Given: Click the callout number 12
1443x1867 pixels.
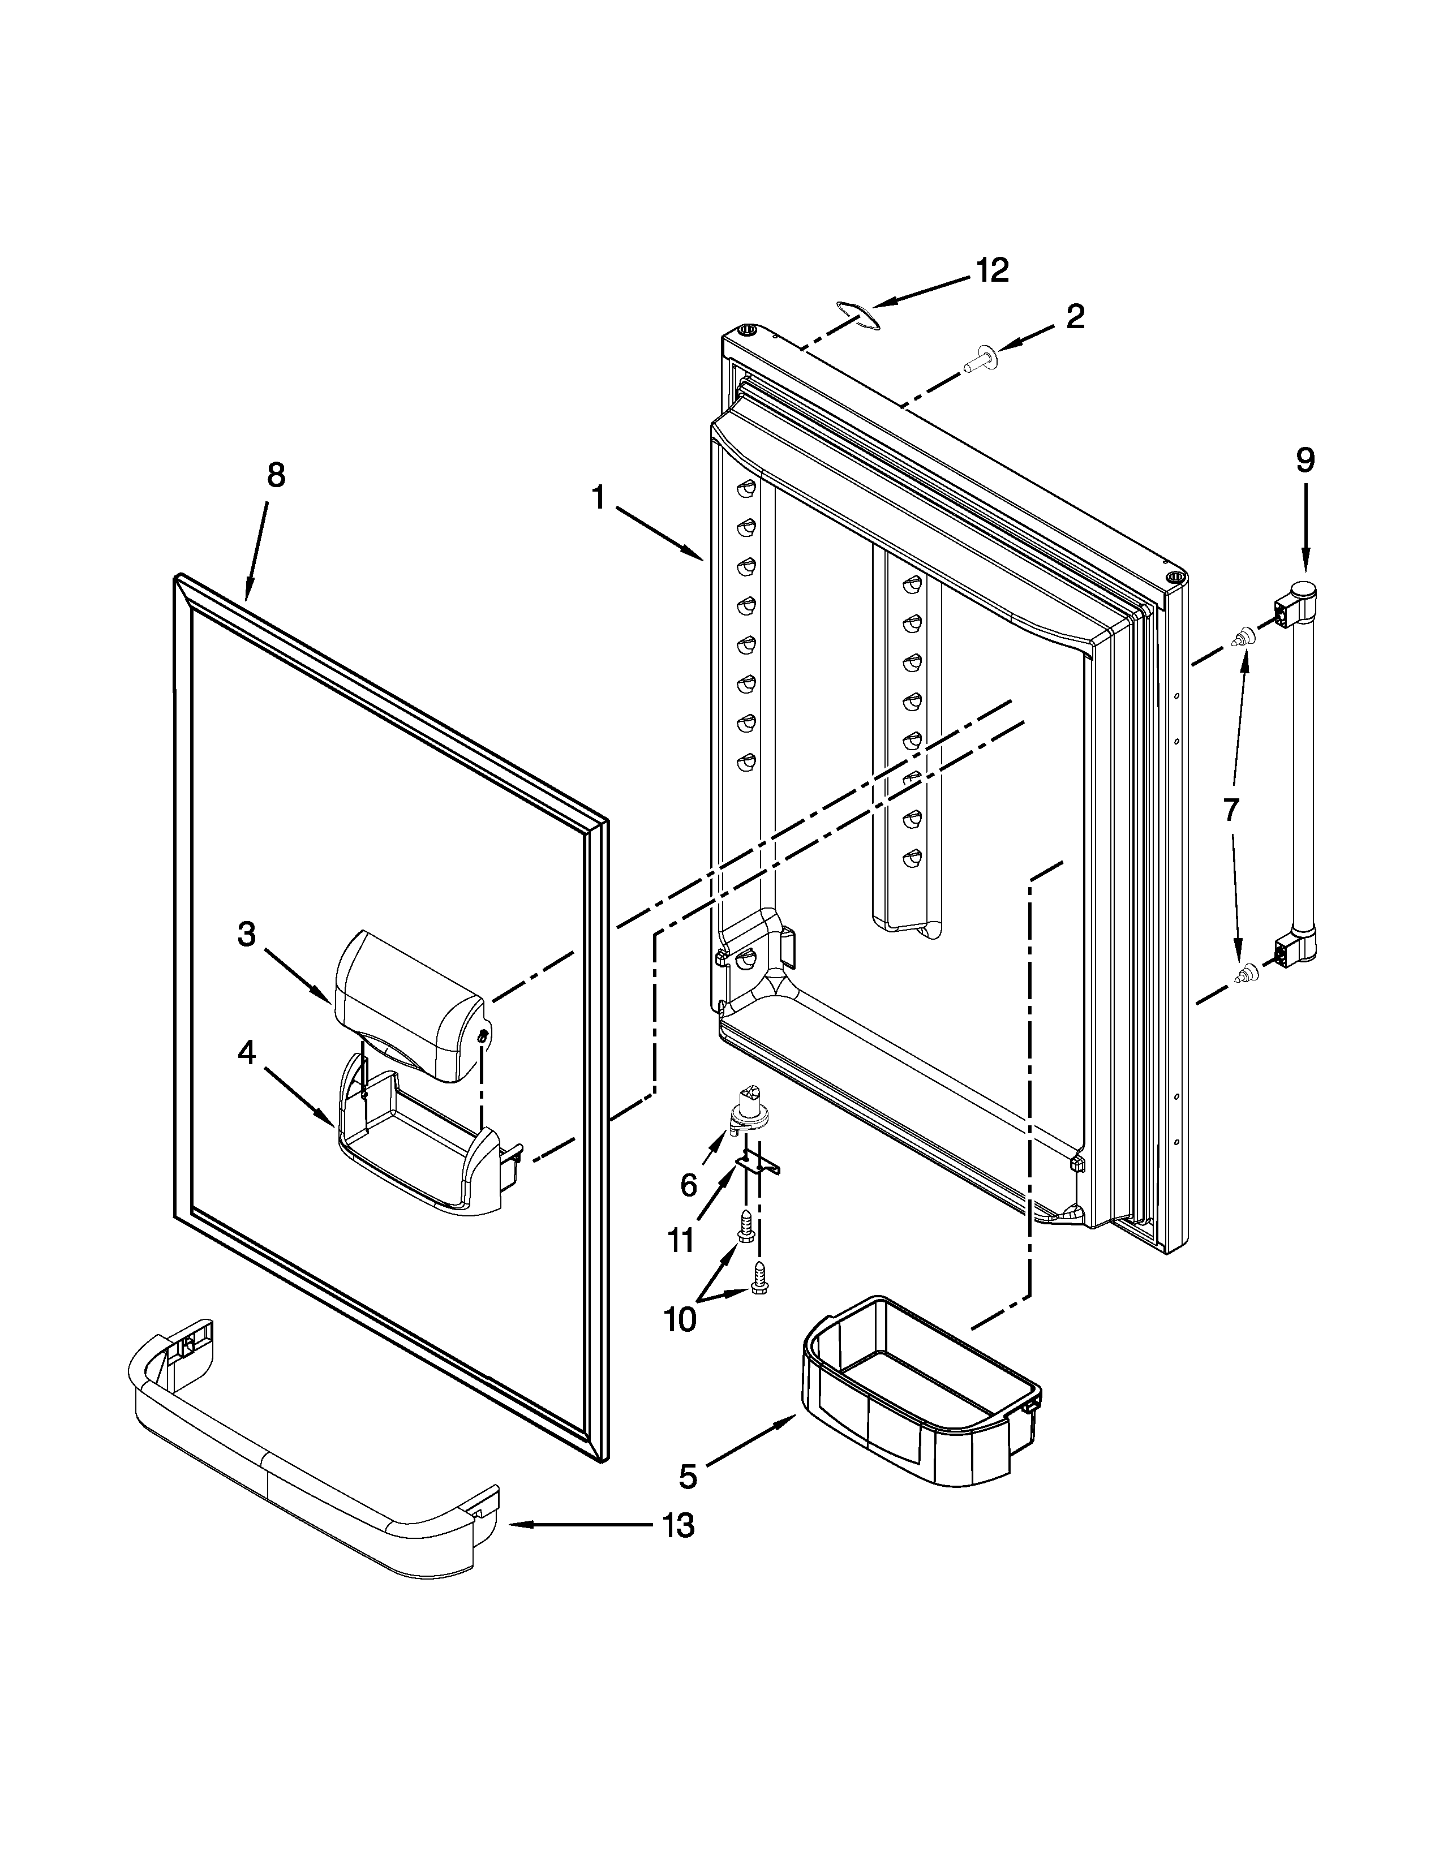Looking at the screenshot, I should point(993,271).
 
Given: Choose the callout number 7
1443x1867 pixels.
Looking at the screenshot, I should point(1230,808).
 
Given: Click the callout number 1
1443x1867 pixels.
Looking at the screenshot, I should point(599,497).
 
